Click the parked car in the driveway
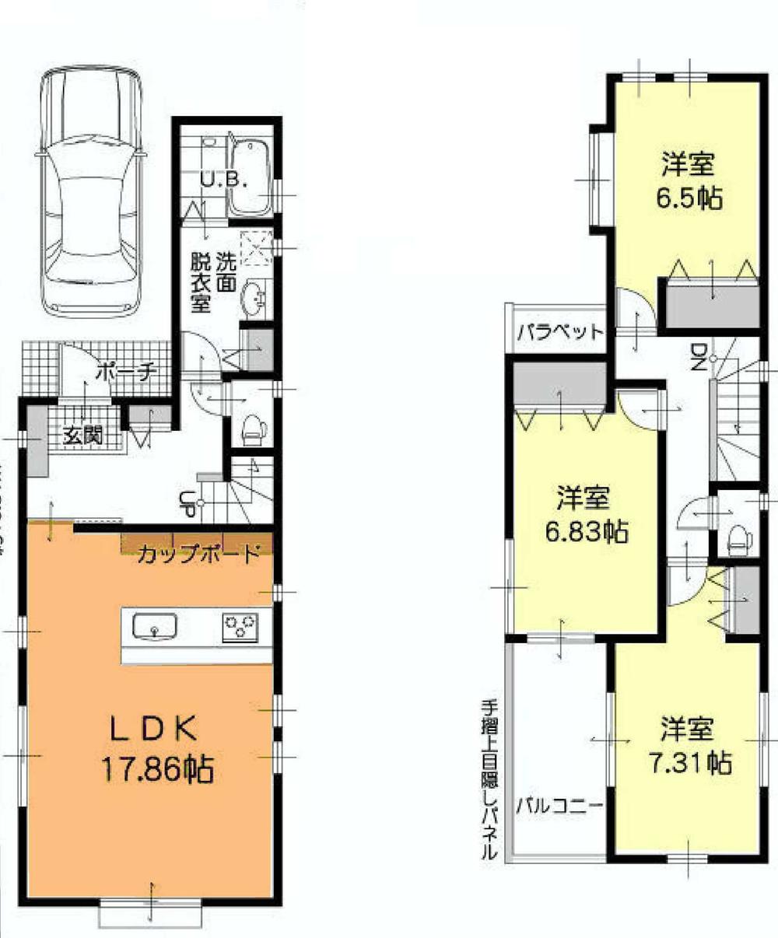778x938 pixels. [91, 191]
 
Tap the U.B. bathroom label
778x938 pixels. [223, 182]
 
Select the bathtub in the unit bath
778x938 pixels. [251, 177]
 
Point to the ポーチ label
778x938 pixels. [126, 373]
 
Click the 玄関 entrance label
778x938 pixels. [83, 436]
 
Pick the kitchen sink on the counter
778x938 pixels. [154, 625]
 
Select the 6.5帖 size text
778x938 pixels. [688, 198]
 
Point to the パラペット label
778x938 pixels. [560, 332]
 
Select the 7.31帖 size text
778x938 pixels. [689, 762]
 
